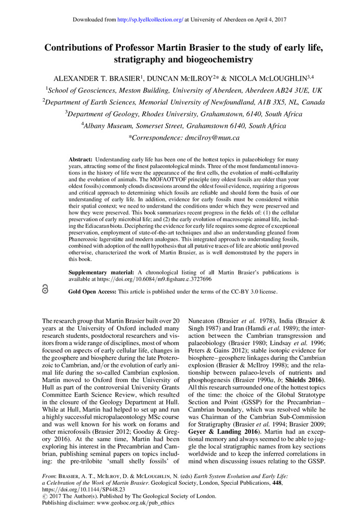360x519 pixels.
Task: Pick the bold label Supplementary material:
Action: point(102,272)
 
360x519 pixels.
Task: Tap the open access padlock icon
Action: point(45,291)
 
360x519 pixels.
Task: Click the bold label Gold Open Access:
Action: point(92,292)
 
